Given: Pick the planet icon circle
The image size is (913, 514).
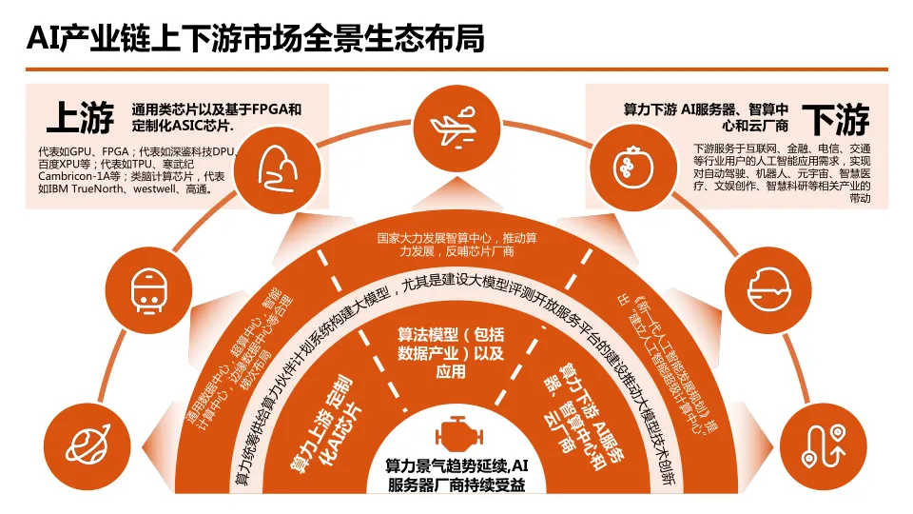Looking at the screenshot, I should (x=87, y=441).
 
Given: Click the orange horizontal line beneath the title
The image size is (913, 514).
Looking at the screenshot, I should (x=456, y=69).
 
